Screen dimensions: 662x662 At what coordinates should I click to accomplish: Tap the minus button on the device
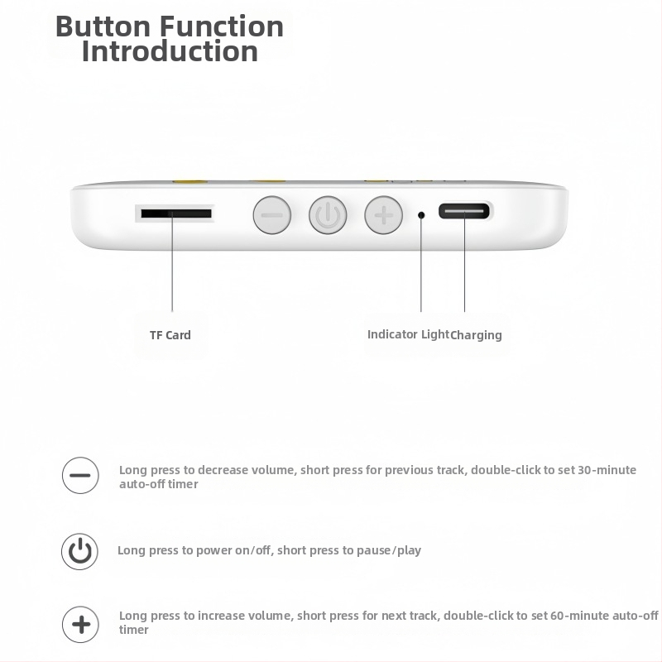coord(271,215)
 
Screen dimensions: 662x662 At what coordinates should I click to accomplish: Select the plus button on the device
coord(383,215)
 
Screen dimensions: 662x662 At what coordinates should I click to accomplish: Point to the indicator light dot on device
coord(421,214)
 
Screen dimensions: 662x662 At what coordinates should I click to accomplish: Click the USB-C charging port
coord(464,211)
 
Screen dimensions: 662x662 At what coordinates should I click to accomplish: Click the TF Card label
coord(170,335)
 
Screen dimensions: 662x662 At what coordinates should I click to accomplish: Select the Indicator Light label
coord(408,334)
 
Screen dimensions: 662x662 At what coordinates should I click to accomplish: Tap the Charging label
coord(477,335)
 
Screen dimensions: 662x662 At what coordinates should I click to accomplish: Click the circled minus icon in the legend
coord(80,476)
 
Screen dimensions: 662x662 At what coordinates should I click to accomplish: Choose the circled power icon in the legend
coord(80,551)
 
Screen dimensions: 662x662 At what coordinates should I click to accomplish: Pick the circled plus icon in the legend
coord(80,623)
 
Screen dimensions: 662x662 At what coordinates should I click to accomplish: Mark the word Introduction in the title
coord(170,52)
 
